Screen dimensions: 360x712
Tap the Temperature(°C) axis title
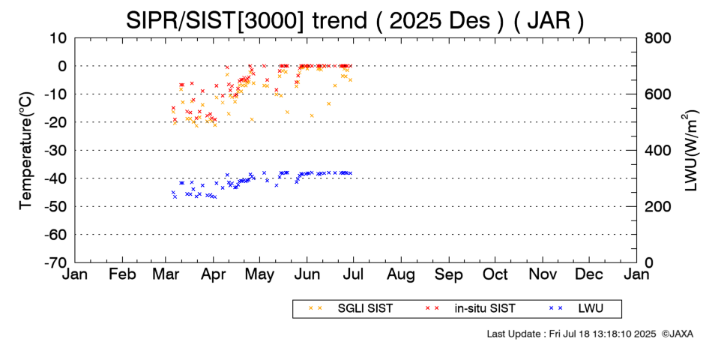point(25,150)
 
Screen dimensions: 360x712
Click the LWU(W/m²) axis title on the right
point(690,150)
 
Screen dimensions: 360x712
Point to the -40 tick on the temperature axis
point(56,178)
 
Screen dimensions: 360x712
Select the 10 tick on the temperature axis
point(59,37)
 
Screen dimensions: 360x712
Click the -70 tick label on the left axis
point(56,263)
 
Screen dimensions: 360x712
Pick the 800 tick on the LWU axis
point(658,37)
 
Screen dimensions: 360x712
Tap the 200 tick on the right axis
point(658,207)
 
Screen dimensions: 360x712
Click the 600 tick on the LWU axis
point(658,94)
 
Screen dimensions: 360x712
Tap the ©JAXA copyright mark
point(677,333)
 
